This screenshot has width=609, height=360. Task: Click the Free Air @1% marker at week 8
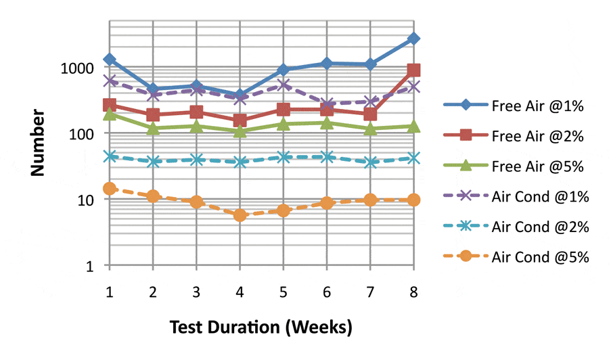pos(413,39)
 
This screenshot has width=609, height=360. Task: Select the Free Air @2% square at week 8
pos(413,70)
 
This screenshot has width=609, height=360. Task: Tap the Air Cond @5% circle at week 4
pos(240,215)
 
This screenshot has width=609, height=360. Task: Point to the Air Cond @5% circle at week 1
pos(109,189)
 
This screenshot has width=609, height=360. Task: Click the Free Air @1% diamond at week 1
pos(109,60)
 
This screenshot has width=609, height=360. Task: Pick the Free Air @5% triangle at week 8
pos(413,127)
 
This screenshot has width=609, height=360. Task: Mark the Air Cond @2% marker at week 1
pos(109,156)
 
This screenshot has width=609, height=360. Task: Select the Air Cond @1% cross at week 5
pos(284,85)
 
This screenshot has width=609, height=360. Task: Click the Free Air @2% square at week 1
pos(109,105)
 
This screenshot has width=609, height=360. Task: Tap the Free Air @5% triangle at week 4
pos(240,131)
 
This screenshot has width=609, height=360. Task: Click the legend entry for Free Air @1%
pos(518,106)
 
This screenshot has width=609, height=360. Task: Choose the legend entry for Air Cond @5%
pos(518,256)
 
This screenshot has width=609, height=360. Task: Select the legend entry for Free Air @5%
pos(518,166)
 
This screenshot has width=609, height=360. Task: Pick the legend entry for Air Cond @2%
pos(518,226)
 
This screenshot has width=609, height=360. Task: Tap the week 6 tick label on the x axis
pos(327,291)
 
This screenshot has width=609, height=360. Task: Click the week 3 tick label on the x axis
pos(196,291)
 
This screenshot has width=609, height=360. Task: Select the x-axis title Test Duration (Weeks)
pos(261,328)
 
